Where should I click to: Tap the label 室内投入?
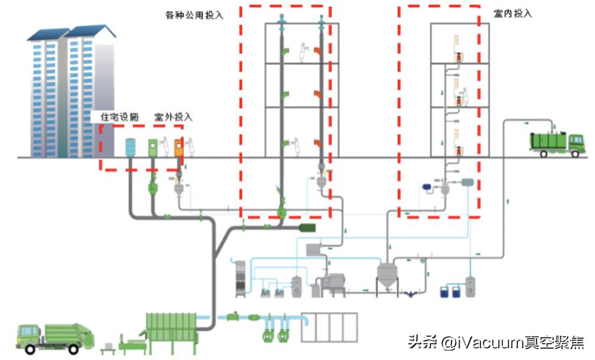pyautogui.click(x=513, y=13)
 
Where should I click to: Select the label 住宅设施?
pyautogui.click(x=119, y=116)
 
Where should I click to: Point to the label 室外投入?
pyautogui.click(x=173, y=116)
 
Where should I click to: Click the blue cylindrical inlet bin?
pyautogui.click(x=131, y=147)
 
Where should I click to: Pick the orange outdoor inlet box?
pyautogui.click(x=178, y=148)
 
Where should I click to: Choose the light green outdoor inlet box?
pyautogui.click(x=153, y=148)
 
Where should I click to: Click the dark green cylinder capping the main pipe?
pyautogui.click(x=307, y=228)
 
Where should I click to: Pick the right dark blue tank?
pyautogui.click(x=456, y=291)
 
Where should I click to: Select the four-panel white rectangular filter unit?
pyautogui.click(x=329, y=327)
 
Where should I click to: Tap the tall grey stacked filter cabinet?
pyautogui.click(x=239, y=278)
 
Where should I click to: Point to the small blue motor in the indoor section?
pyautogui.click(x=425, y=187)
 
